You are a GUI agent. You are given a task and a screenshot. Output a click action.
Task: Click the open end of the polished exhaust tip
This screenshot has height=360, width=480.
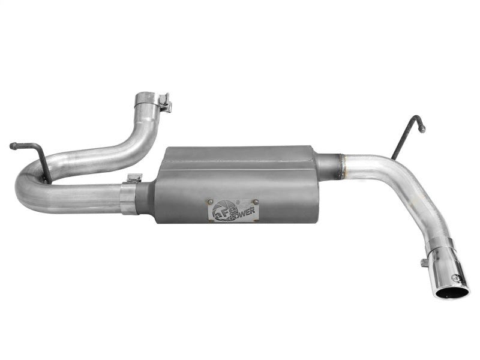pyautogui.click(x=451, y=292)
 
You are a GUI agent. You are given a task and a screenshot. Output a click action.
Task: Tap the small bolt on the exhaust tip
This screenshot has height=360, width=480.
pyautogui.click(x=425, y=262)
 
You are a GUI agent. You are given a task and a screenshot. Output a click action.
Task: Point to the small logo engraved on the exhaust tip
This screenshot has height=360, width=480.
pyautogui.click(x=458, y=278)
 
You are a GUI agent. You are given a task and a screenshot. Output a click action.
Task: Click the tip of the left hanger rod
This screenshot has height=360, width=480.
pyautogui.click(x=12, y=145)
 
